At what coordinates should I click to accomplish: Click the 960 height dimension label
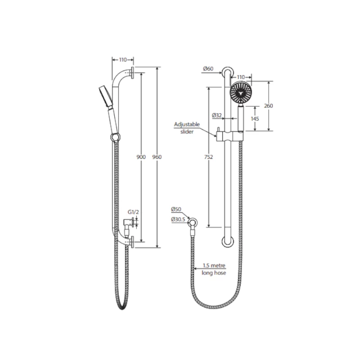coord(157,157)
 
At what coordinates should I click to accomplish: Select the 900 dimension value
coord(141,157)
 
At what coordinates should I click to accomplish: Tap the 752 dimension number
coord(208,157)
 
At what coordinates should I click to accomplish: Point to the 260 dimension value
coord(268,106)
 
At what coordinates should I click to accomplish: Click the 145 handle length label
coord(255,119)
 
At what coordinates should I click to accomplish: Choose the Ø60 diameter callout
coord(208,69)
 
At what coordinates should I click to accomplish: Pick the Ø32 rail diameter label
coord(217,115)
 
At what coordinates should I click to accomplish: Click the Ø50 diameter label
coord(176,209)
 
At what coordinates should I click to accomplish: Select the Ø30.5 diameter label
coord(178,219)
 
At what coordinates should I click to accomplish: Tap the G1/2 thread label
coord(133,212)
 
